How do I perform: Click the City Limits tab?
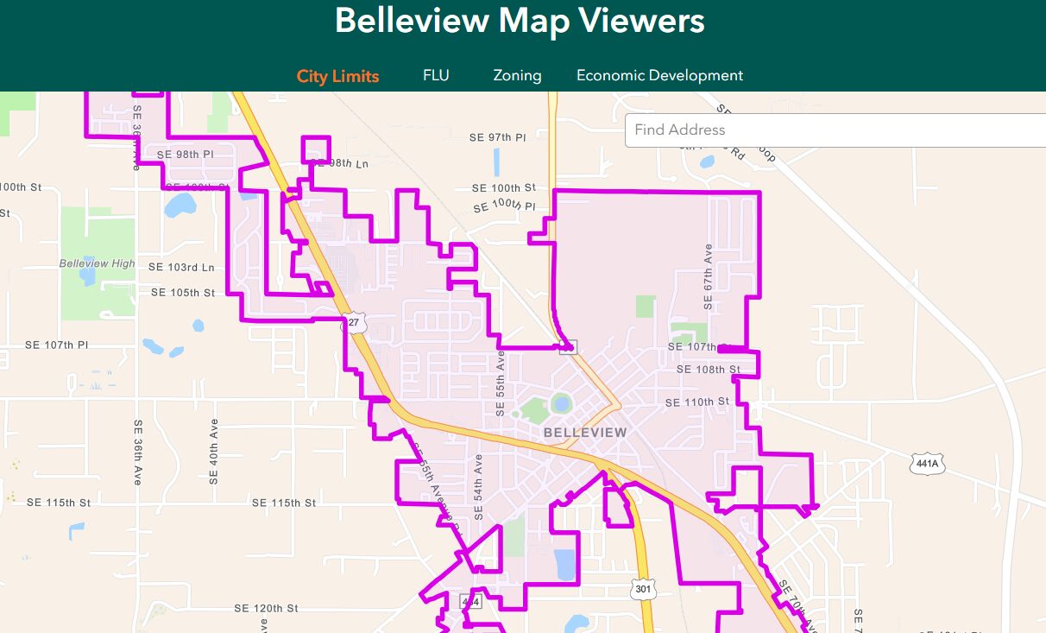tap(337, 76)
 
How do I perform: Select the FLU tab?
tap(436, 75)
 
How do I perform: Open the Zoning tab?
tap(517, 75)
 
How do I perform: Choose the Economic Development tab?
tap(659, 75)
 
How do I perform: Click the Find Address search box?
tap(829, 130)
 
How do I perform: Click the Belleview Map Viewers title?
tap(520, 21)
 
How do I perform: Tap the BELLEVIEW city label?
tap(585, 432)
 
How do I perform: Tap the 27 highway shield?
tap(354, 323)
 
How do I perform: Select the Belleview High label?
tap(97, 263)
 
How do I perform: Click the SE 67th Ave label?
tap(709, 276)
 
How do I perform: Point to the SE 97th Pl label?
tap(497, 137)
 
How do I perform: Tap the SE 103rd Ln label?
tap(181, 268)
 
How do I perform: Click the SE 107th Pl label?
tap(57, 345)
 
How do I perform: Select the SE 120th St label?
tap(266, 609)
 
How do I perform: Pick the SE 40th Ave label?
tap(214, 452)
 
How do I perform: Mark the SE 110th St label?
tap(697, 402)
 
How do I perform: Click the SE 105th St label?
tap(183, 293)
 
